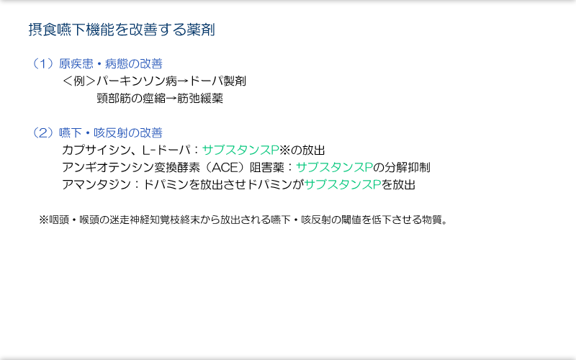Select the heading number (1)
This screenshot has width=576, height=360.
click(44, 64)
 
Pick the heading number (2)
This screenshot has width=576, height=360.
click(44, 132)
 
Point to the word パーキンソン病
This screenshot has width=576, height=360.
click(137, 81)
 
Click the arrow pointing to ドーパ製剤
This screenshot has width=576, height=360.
click(183, 81)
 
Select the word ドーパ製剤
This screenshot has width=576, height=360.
click(217, 81)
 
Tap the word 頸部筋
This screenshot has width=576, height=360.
click(114, 99)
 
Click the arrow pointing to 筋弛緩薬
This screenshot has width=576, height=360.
click(171, 99)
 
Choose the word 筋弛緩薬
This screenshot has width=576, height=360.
click(200, 99)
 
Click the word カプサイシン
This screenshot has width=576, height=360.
click(96, 150)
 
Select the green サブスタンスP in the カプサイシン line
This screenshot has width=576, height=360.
click(240, 150)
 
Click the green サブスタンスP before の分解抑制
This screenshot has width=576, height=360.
click(334, 168)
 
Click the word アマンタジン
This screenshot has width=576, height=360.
click(96, 184)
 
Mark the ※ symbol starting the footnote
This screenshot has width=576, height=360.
click(44, 220)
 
